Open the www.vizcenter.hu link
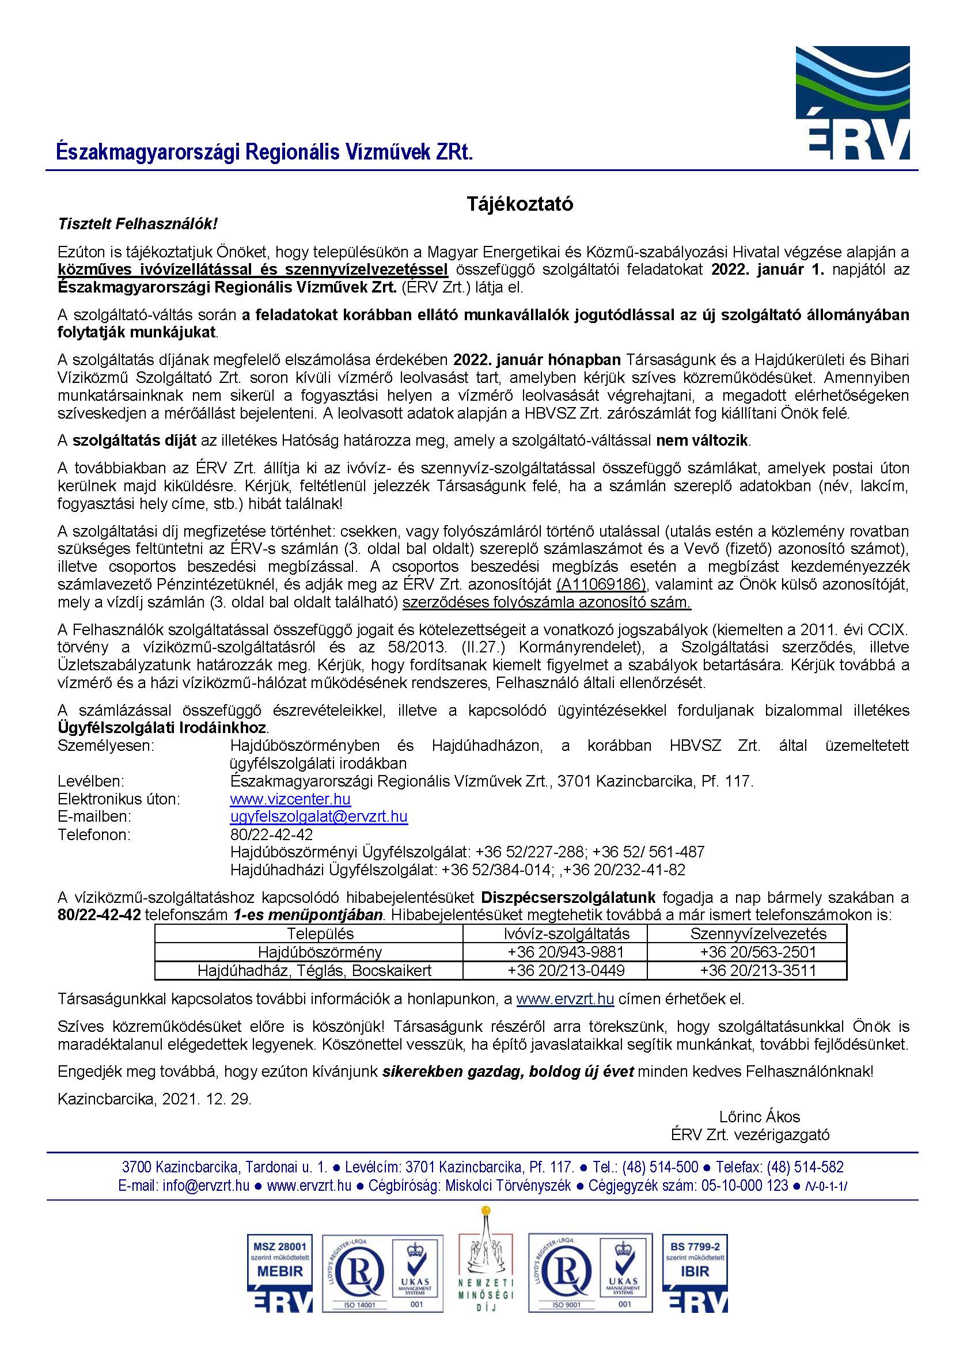click(290, 799)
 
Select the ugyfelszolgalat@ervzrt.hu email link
click(318, 817)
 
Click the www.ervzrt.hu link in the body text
click(564, 998)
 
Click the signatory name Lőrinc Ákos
click(759, 1117)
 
